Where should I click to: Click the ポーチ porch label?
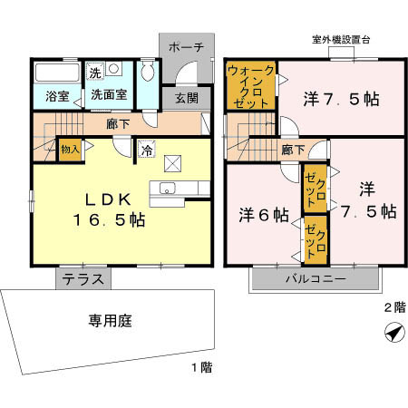[186, 47]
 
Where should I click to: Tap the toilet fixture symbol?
[148, 72]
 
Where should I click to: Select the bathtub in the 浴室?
[57, 73]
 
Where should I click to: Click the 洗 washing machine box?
[95, 72]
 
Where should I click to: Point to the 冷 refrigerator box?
[147, 149]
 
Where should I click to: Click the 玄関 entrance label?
[187, 98]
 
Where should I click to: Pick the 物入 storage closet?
[70, 150]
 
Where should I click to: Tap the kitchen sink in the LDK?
[168, 189]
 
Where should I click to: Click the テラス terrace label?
[83, 279]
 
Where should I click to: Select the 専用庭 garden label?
[111, 321]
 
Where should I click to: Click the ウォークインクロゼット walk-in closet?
[251, 86]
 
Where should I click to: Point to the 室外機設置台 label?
[341, 40]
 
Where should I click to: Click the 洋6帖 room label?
[264, 215]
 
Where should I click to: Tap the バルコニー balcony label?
[316, 278]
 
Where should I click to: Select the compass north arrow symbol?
[394, 333]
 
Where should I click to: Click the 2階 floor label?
[394, 307]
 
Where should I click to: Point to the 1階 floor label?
[202, 367]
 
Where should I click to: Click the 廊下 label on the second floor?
[294, 150]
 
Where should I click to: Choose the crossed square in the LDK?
[172, 164]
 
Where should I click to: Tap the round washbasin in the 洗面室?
[113, 69]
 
